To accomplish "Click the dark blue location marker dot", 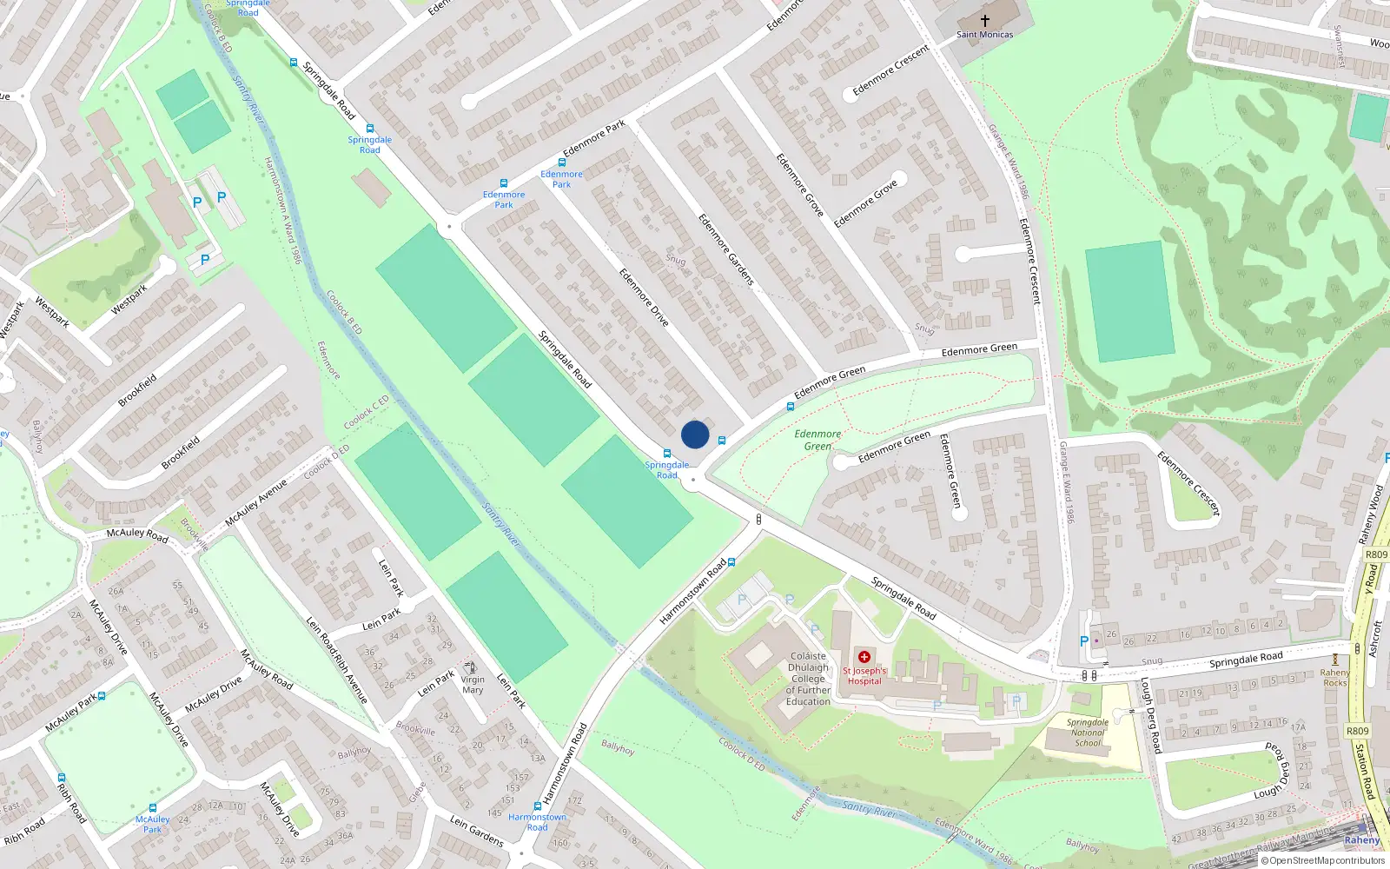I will (x=695, y=434).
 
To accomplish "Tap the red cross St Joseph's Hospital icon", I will (x=864, y=657).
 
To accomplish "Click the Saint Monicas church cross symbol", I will (x=985, y=20).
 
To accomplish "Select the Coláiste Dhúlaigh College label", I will (x=808, y=679).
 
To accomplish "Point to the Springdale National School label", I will (x=1088, y=733).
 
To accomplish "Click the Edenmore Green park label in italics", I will (x=817, y=440).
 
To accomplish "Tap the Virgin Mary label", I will (x=473, y=685).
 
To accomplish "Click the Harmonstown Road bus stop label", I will (x=537, y=822).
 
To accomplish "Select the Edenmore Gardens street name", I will (x=726, y=250).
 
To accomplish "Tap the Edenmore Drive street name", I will (x=644, y=297).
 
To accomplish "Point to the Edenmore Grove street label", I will (x=799, y=185).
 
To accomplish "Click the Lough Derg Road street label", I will (x=1151, y=715).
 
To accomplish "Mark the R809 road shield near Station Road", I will (x=1357, y=731).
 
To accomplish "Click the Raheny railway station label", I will (x=1361, y=840).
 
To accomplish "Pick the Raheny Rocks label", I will (x=1334, y=677).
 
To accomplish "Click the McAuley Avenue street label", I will (x=255, y=503).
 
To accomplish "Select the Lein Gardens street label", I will (x=476, y=831).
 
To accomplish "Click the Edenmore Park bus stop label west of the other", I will (x=504, y=200).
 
